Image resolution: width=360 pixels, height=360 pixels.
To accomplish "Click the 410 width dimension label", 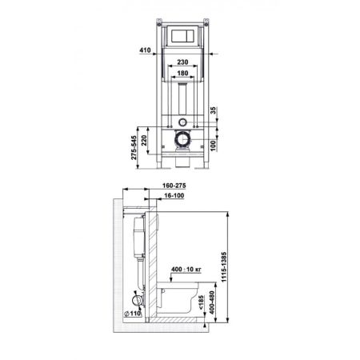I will click(x=145, y=50).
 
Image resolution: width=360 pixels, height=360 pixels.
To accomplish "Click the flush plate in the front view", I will click(x=182, y=37).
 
